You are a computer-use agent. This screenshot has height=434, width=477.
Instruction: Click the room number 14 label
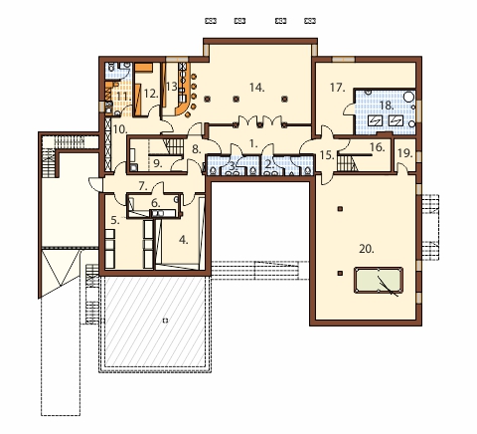click(256, 88)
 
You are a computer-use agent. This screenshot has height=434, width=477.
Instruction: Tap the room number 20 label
click(367, 249)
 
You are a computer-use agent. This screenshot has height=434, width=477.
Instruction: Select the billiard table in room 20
click(379, 281)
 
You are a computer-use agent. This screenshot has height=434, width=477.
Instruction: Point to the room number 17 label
click(338, 88)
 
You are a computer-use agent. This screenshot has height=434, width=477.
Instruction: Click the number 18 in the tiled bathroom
click(387, 106)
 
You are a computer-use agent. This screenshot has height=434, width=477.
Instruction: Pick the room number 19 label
click(405, 153)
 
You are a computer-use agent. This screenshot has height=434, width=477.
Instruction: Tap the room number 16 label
click(377, 146)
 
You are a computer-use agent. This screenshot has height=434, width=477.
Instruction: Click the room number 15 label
click(327, 155)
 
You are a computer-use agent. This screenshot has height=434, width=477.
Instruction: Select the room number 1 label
click(253, 143)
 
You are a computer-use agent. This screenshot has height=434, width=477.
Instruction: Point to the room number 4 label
click(184, 240)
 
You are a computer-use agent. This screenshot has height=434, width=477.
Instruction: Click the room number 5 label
click(115, 220)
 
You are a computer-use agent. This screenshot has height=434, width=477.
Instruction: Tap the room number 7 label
click(143, 186)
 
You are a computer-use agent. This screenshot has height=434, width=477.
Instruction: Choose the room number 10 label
click(120, 129)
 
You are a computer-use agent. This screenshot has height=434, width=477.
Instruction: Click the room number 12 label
click(151, 94)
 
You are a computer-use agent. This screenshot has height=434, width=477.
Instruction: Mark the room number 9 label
click(158, 163)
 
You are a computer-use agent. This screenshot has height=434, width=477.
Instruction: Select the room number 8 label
click(197, 149)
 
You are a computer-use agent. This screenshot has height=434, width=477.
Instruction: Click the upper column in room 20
click(340, 209)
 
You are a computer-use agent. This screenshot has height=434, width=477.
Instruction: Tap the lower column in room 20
click(340, 274)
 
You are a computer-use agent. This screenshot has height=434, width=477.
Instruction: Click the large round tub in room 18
click(409, 97)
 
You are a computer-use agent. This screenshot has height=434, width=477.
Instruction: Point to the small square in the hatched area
click(165, 321)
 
